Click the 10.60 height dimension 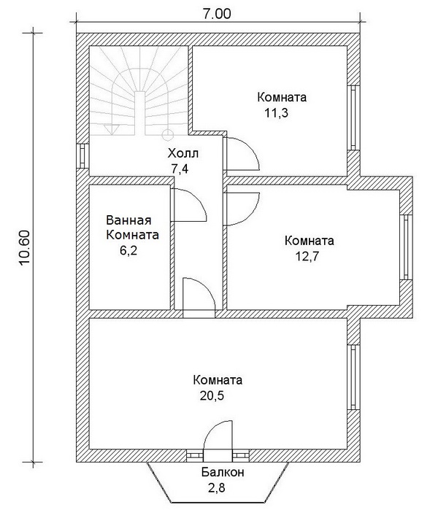point(23,248)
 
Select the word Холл point(183,154)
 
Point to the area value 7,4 point(179,169)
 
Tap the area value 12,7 point(310,256)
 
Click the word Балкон point(223,473)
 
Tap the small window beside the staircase point(82,155)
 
